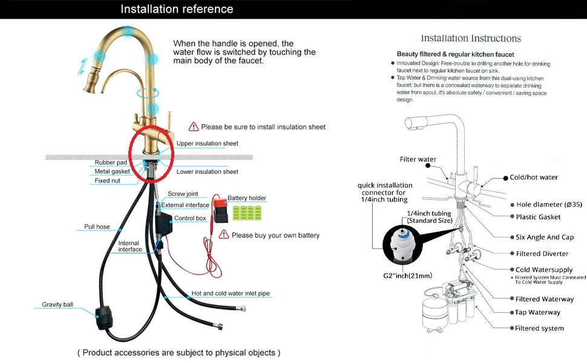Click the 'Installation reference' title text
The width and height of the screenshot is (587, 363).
(x=177, y=9)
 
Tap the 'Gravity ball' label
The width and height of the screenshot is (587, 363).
(x=57, y=304)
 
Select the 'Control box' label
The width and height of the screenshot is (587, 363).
(x=190, y=218)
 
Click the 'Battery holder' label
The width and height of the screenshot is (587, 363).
(x=247, y=198)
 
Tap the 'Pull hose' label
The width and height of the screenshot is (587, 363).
(x=97, y=227)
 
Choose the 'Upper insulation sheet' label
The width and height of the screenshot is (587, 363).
(x=208, y=143)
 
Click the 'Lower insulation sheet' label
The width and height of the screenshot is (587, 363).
(x=208, y=172)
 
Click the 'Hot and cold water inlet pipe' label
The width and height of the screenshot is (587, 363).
(x=231, y=293)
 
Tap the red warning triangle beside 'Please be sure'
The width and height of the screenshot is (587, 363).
(x=194, y=126)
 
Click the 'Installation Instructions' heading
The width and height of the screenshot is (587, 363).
(x=471, y=38)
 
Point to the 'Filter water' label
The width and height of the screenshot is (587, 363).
(x=418, y=160)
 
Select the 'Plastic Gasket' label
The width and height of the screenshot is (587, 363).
(x=538, y=217)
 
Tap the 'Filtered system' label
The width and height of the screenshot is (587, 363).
(x=539, y=328)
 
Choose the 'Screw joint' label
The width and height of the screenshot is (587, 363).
(x=183, y=194)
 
